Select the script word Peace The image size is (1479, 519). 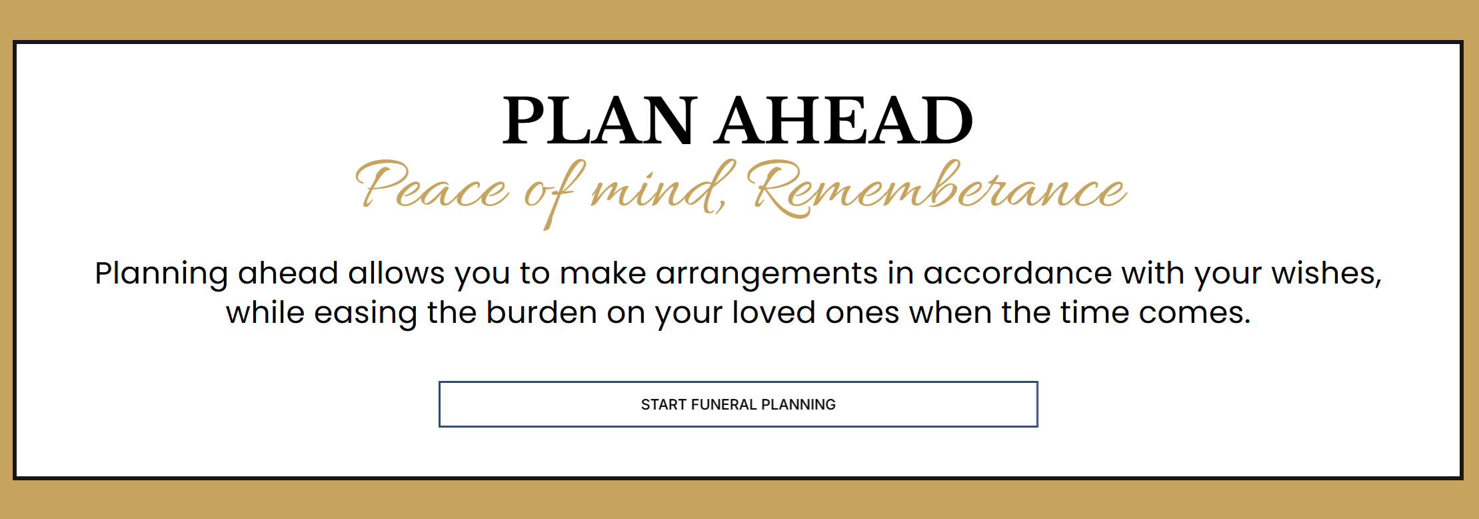tap(432, 187)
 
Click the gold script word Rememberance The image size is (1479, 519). tap(936, 188)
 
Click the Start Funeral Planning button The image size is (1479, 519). tap(739, 404)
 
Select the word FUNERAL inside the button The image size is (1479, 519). tap(724, 404)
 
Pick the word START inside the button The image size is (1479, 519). tap(664, 404)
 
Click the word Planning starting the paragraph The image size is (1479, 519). tap(161, 274)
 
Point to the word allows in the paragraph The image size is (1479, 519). tap(396, 273)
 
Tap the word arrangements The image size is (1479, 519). tap(766, 274)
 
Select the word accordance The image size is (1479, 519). tap(1017, 273)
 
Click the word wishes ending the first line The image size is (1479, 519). tap(1326, 274)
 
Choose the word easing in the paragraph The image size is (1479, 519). tap(365, 314)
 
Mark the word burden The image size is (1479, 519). tap(541, 312)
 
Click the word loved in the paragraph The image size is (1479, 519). tap(774, 312)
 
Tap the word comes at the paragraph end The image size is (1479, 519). tap(1194, 314)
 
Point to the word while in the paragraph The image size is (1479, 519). tap(265, 312)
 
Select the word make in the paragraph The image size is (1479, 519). tap(603, 273)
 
